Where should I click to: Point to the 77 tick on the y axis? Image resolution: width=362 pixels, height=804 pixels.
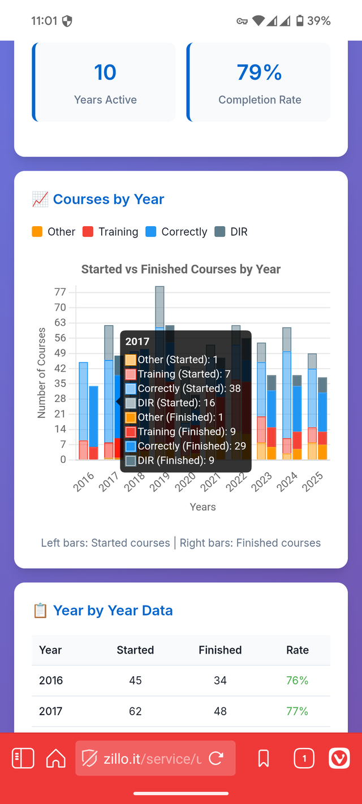pyautogui.click(x=60, y=292)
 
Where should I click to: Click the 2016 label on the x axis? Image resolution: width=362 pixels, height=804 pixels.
pyautogui.click(x=84, y=484)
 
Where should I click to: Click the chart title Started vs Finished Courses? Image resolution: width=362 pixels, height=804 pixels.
pyautogui.click(x=181, y=269)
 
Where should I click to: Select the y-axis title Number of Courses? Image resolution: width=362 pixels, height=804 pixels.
pyautogui.click(x=41, y=373)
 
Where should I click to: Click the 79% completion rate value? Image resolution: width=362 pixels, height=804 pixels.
pyautogui.click(x=259, y=72)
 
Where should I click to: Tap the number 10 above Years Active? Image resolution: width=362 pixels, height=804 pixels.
pyautogui.click(x=105, y=72)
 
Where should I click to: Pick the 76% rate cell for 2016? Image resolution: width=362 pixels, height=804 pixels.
pyautogui.click(x=297, y=680)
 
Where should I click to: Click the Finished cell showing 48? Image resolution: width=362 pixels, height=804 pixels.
pyautogui.click(x=220, y=711)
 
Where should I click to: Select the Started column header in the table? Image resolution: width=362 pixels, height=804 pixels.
pyautogui.click(x=135, y=650)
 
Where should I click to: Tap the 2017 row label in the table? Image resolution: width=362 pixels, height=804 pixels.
pyautogui.click(x=50, y=711)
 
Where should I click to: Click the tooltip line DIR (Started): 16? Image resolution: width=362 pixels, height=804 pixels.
pyautogui.click(x=168, y=403)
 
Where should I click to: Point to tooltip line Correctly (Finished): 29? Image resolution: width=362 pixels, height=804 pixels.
pyautogui.click(x=184, y=446)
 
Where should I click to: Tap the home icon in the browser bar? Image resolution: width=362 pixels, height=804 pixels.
pyautogui.click(x=55, y=758)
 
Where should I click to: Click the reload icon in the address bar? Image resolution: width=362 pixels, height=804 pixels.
pyautogui.click(x=216, y=758)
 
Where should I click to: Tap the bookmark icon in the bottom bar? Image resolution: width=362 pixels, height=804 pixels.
pyautogui.click(x=264, y=758)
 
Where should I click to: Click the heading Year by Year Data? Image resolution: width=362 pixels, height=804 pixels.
pyautogui.click(x=113, y=611)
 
